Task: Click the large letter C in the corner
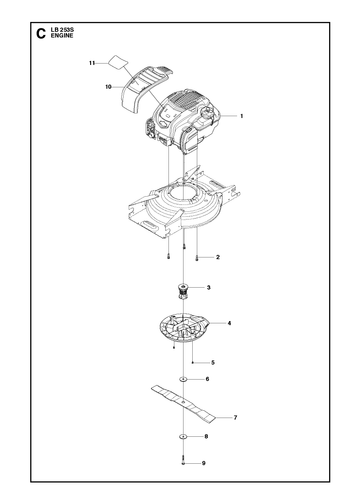(x=40, y=33)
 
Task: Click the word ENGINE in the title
(x=62, y=36)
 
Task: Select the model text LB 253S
(x=62, y=30)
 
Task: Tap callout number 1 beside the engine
(x=242, y=116)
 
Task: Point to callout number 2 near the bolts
(x=218, y=257)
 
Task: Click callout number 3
(x=209, y=287)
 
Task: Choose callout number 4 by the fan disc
(x=229, y=323)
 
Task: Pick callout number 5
(x=213, y=362)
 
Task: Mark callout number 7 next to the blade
(x=235, y=417)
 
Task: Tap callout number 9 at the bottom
(x=204, y=463)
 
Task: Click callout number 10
(x=108, y=87)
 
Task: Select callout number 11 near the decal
(x=92, y=63)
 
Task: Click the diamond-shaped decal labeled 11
(x=118, y=62)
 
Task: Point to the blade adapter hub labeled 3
(x=183, y=291)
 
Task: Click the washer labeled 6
(x=183, y=379)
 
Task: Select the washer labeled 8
(x=183, y=436)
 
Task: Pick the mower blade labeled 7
(x=184, y=404)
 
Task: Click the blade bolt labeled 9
(x=183, y=460)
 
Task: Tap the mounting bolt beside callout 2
(x=197, y=258)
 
